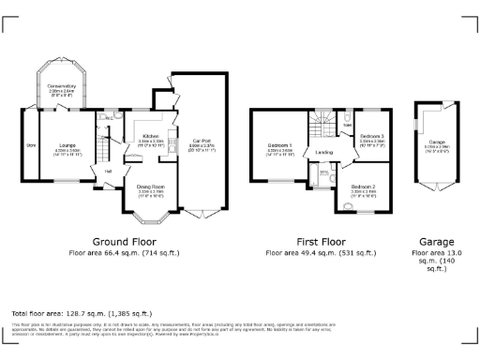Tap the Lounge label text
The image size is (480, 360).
point(67,145)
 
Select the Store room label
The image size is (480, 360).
point(30,145)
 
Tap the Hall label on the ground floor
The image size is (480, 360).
point(108,171)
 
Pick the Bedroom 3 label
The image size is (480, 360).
point(372,137)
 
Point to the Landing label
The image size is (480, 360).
point(324,151)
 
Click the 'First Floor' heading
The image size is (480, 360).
point(321,241)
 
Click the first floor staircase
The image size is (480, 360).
point(322,123)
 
